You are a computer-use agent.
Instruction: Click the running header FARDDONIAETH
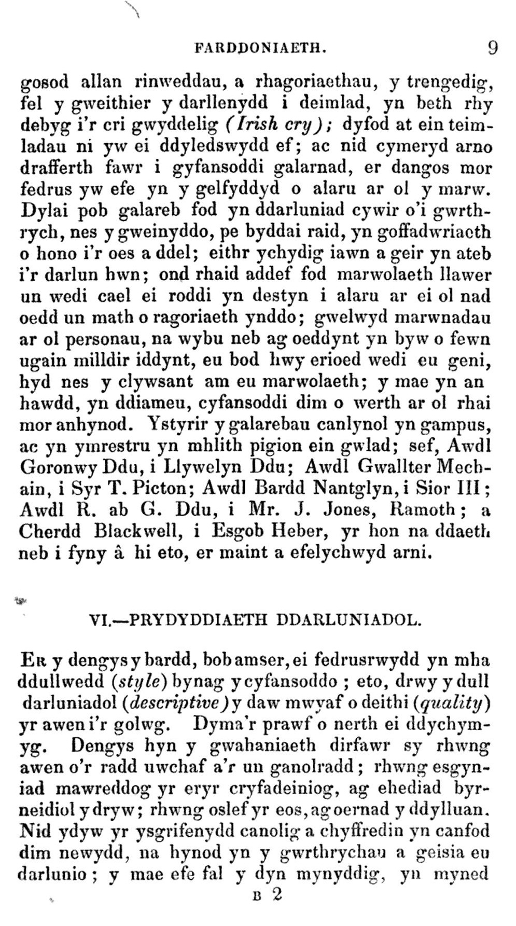coord(259,49)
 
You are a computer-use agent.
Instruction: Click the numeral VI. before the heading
coord(98,619)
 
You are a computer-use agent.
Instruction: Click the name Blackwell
coord(139,532)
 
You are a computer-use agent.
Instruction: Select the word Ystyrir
coord(179,424)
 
